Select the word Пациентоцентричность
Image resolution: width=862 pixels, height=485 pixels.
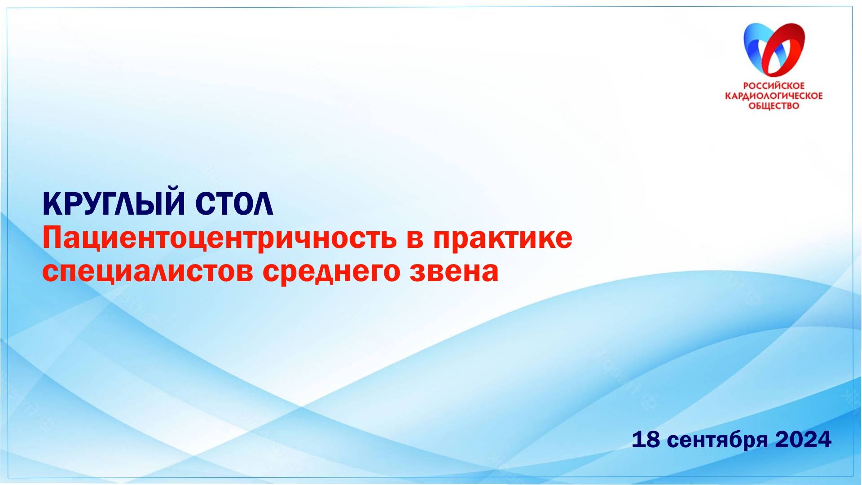(x=220, y=238)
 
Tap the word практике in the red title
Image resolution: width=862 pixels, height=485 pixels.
(x=503, y=238)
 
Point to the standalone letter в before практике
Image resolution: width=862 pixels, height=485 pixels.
(x=416, y=239)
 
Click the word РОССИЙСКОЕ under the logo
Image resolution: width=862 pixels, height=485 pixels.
(x=774, y=86)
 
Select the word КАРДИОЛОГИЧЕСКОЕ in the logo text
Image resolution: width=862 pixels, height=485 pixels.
(x=774, y=96)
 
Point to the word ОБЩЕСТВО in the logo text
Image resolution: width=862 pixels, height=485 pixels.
(x=774, y=106)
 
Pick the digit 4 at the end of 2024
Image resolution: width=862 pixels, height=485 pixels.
(x=824, y=440)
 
